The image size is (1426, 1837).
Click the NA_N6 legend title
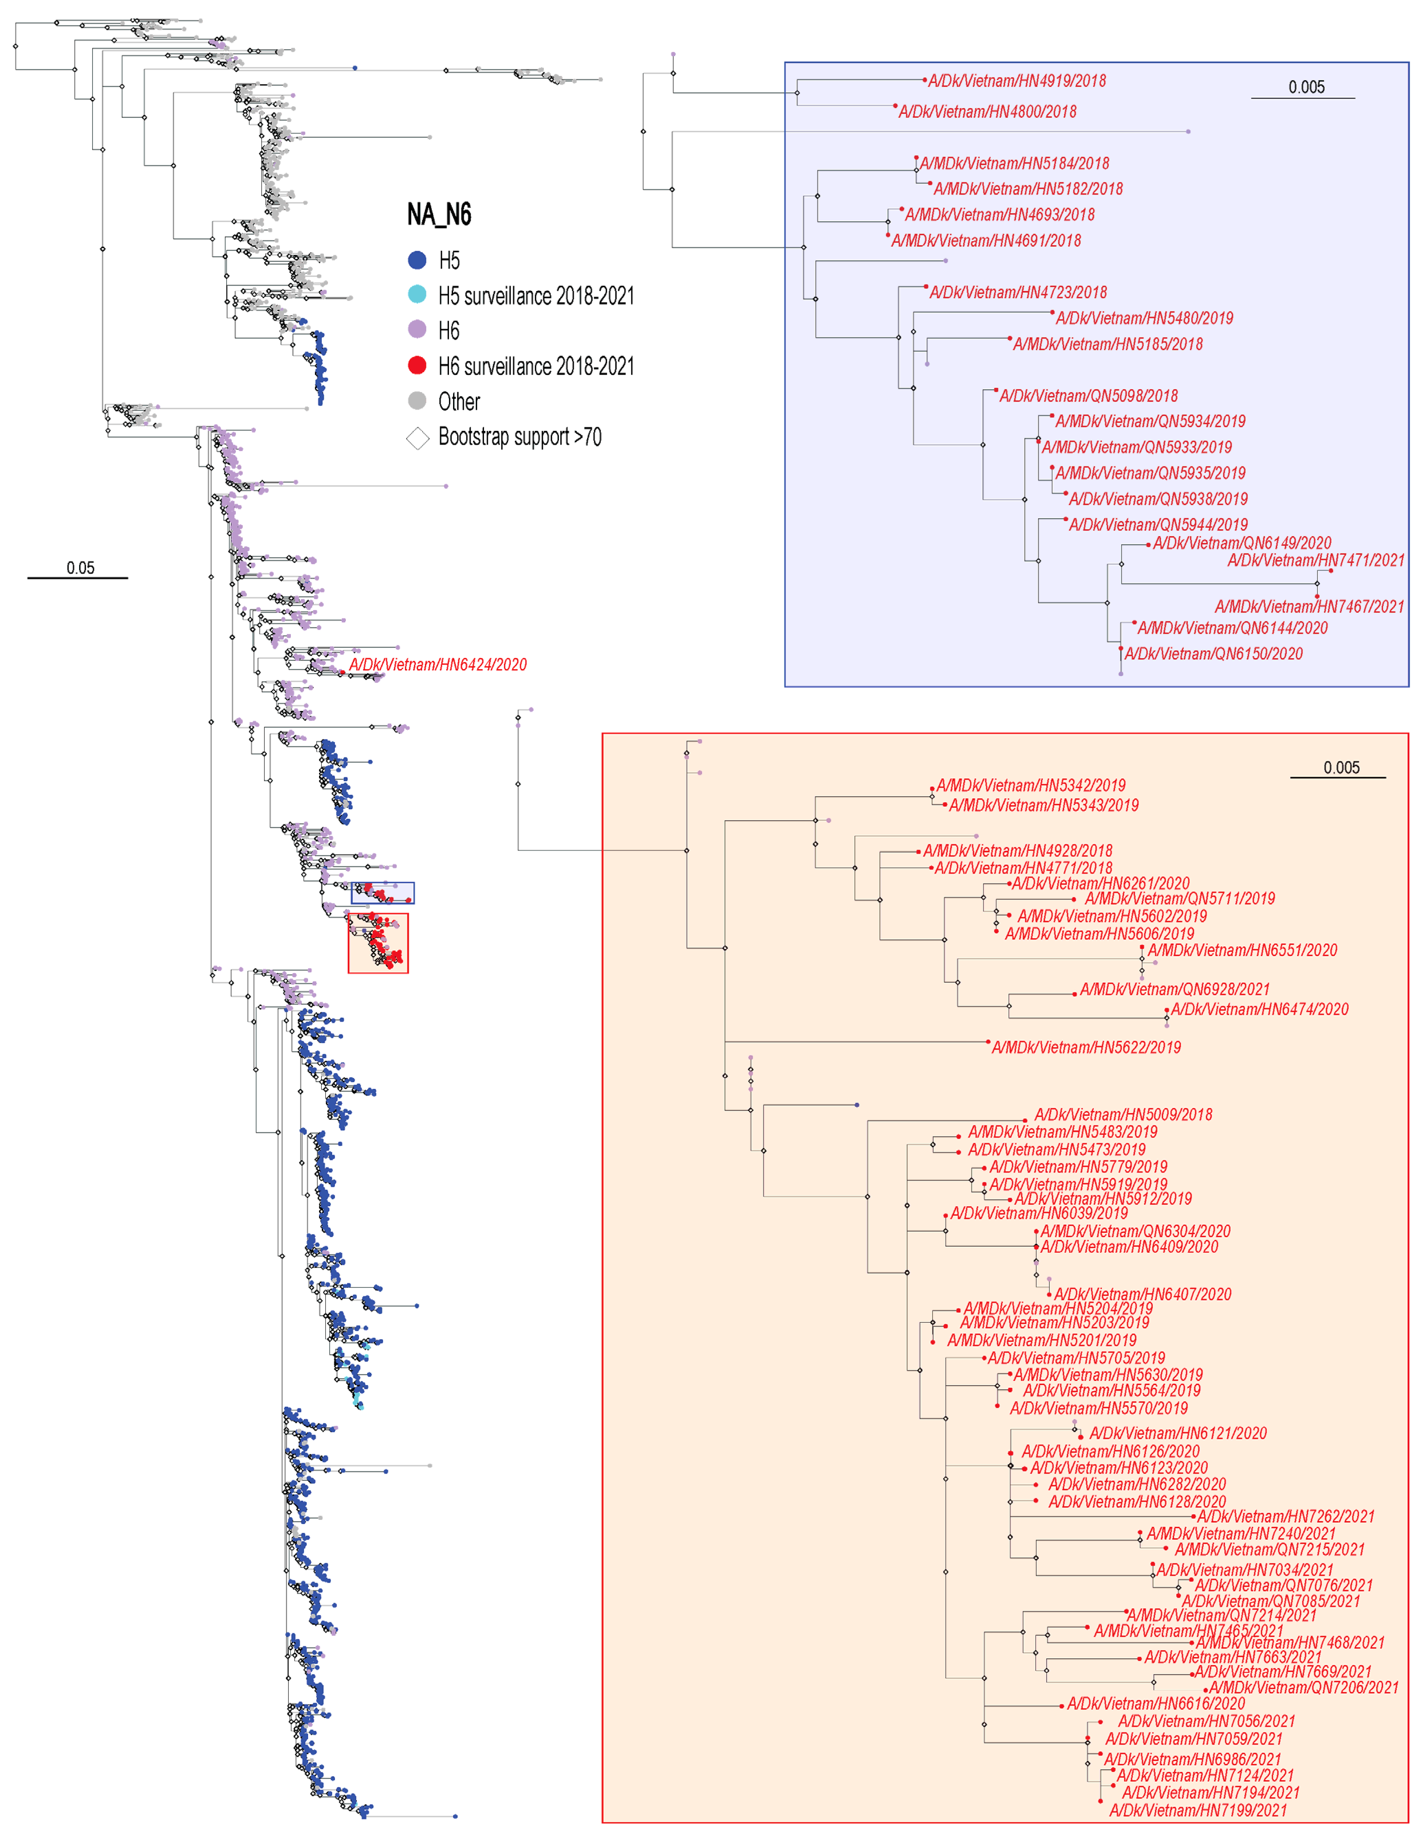[439, 215]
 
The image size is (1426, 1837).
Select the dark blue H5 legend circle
[417, 260]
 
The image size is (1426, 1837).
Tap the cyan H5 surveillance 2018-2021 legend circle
[417, 294]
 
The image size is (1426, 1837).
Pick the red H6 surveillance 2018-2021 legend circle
[417, 365]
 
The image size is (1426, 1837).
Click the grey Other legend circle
[417, 400]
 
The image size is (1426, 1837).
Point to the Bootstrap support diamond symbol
[417, 438]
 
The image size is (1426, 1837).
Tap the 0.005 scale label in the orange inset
[1341, 767]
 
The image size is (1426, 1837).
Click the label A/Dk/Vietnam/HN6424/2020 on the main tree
[438, 665]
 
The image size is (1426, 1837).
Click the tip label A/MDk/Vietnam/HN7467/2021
[1309, 606]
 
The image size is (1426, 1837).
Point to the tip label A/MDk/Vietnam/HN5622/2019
[1085, 1047]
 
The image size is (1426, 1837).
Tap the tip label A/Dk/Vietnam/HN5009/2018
[1123, 1114]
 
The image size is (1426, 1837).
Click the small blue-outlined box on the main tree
[383, 892]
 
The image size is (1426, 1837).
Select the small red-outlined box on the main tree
[378, 943]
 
